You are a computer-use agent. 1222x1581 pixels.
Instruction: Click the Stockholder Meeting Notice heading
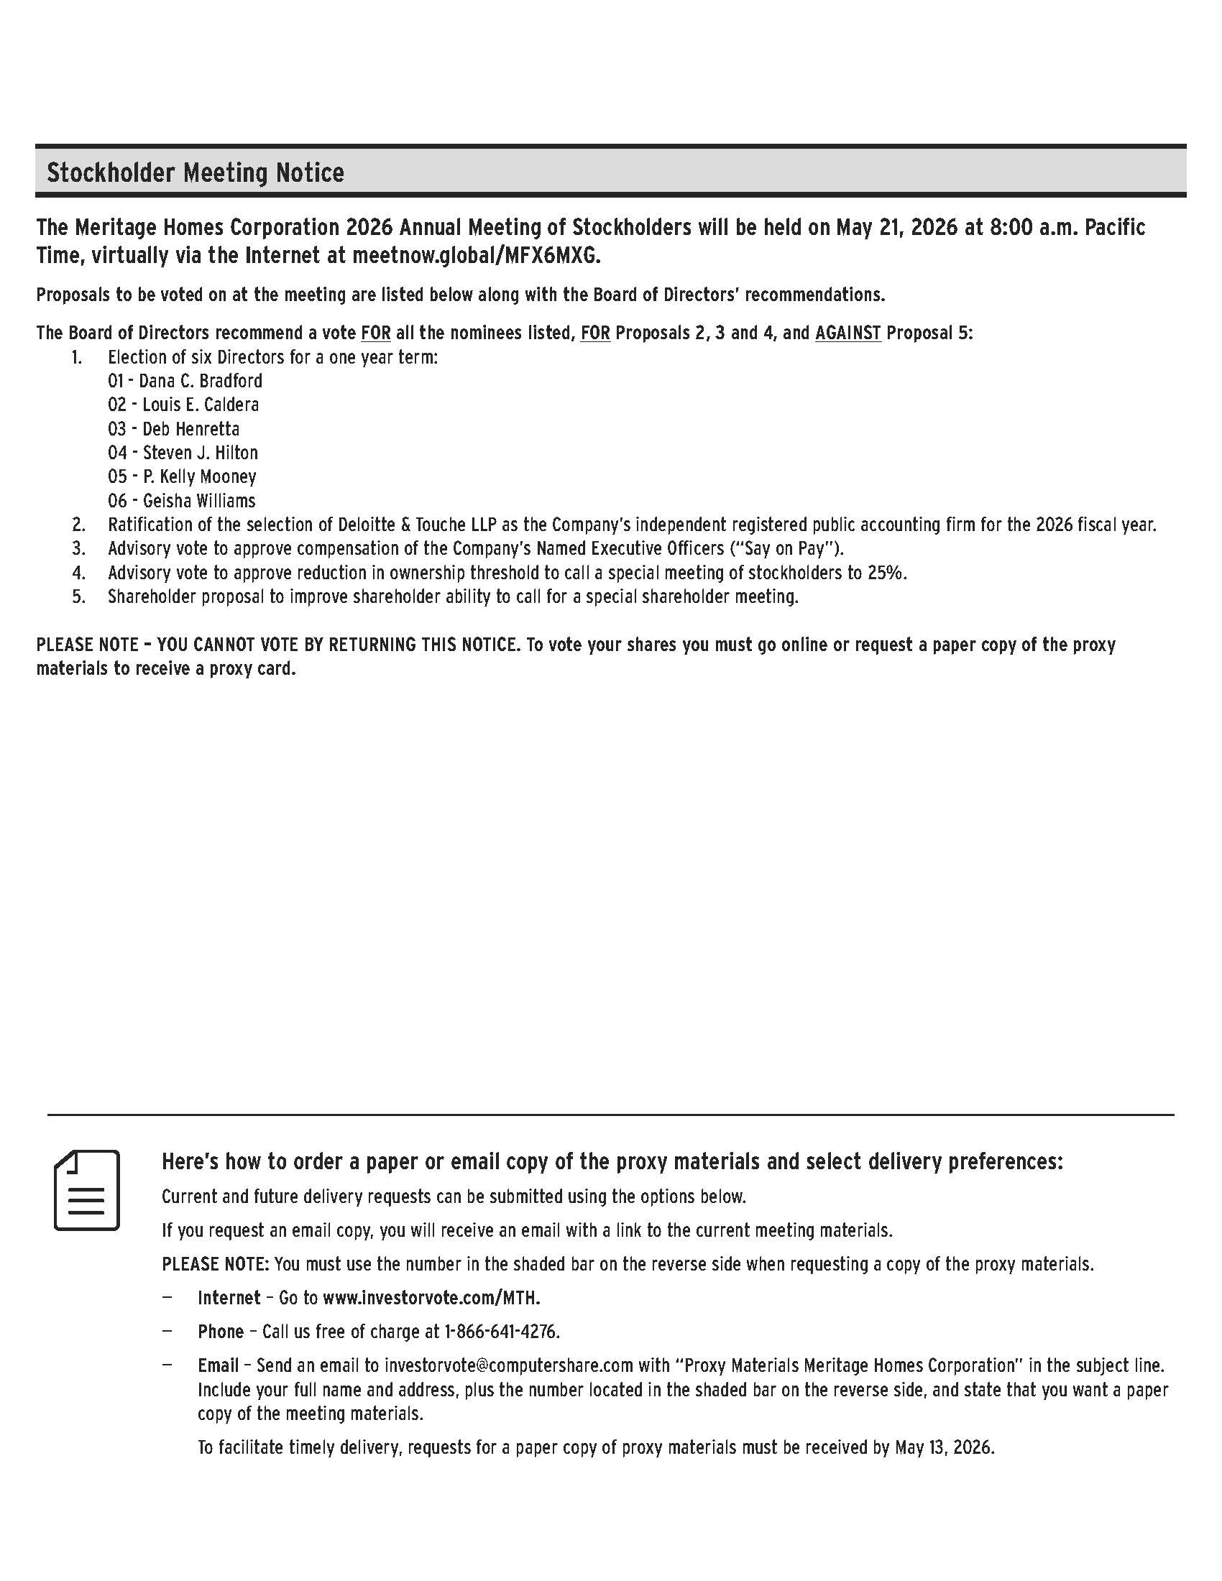pyautogui.click(x=196, y=173)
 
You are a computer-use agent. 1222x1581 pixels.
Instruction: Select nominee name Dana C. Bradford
pyautogui.click(x=201, y=381)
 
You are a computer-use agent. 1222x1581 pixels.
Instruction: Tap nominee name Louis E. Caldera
pyautogui.click(x=201, y=405)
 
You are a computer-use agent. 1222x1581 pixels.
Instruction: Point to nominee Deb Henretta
pyautogui.click(x=191, y=428)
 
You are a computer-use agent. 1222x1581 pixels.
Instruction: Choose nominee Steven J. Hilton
pyautogui.click(x=201, y=453)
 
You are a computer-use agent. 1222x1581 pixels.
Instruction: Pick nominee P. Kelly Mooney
pyautogui.click(x=200, y=476)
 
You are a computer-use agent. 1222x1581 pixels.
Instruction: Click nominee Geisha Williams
pyautogui.click(x=199, y=500)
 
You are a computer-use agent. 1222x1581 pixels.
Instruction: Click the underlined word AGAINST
pyautogui.click(x=847, y=333)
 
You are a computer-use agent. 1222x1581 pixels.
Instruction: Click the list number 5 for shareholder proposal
pyautogui.click(x=78, y=596)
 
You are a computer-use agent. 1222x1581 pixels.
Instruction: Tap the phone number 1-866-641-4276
pyautogui.click(x=502, y=1332)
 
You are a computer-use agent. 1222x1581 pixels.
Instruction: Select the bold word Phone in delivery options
pyautogui.click(x=221, y=1332)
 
